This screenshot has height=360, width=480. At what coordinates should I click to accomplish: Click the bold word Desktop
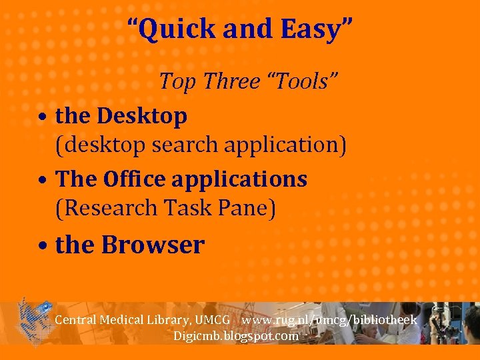141,116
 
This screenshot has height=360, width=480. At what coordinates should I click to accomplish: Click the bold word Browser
153,245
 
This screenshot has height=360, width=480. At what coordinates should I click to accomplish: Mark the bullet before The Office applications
42,181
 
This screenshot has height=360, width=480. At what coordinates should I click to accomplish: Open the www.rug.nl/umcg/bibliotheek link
329,320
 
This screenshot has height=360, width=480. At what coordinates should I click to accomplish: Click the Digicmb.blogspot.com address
236,336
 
